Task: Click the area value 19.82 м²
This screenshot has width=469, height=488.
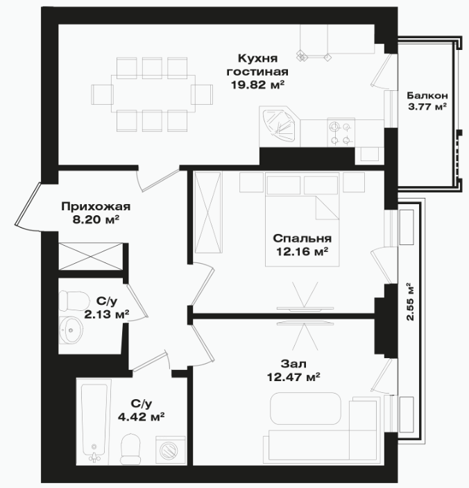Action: [x=258, y=85]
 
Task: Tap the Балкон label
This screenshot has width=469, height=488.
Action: [x=427, y=95]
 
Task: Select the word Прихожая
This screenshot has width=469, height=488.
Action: [x=96, y=206]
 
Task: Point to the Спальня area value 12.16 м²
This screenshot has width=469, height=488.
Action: [x=302, y=251]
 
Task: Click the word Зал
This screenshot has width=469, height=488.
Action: [x=293, y=364]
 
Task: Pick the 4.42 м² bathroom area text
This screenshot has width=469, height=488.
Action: [x=142, y=416]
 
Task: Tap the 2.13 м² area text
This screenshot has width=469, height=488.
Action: [x=107, y=314]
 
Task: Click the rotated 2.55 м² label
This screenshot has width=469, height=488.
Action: [x=411, y=301]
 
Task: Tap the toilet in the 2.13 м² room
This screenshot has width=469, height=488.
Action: [x=71, y=301]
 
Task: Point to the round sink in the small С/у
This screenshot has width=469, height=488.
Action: [x=71, y=330]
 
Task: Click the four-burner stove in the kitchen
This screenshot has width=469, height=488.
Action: [x=341, y=133]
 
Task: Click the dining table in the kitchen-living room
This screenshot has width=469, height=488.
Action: [x=153, y=94]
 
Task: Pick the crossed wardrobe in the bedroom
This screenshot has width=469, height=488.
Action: [x=208, y=212]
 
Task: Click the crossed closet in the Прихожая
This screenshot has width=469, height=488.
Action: [x=90, y=257]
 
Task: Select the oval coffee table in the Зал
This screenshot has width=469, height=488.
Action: [x=306, y=408]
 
